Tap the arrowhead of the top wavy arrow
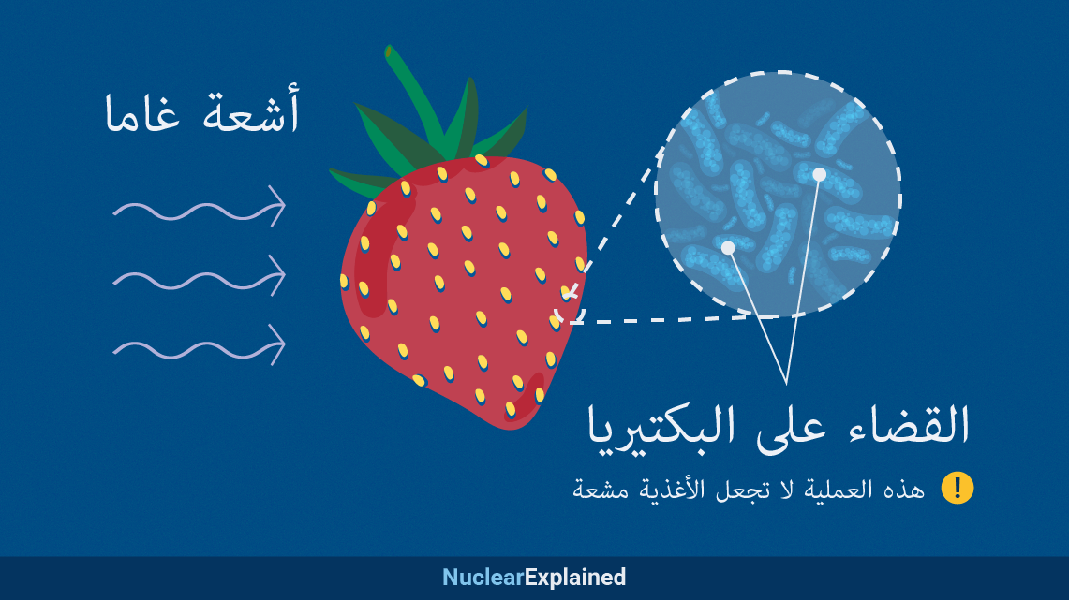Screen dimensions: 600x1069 coord(277,206)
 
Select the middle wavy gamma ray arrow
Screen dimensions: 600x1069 coord(198,277)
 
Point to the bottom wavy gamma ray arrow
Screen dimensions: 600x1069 coord(198,347)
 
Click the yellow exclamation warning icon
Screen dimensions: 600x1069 coord(958,488)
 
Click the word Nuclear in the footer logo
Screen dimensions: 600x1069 coord(483,578)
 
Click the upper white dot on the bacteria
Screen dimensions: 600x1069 coord(819,174)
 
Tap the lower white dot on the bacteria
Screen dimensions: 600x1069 coord(727,249)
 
